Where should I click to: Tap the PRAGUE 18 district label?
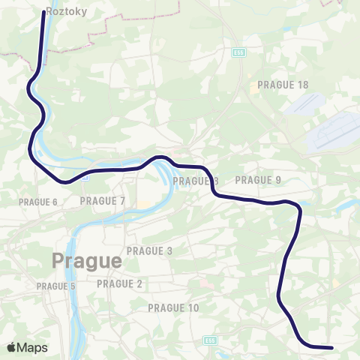(x=283, y=85)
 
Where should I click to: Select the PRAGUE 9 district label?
(x=258, y=180)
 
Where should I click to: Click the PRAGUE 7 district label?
(x=103, y=200)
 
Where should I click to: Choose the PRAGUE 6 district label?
(x=38, y=202)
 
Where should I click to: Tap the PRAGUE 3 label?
(x=150, y=250)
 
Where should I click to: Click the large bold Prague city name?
(x=86, y=262)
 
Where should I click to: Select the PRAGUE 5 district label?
(x=56, y=286)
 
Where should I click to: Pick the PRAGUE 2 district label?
(x=120, y=283)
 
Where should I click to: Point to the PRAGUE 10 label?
(x=174, y=308)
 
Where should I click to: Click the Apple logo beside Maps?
(x=13, y=347)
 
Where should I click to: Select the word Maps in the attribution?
(x=33, y=347)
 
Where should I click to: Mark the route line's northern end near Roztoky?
(x=42, y=12)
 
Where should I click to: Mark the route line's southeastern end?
(x=331, y=347)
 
